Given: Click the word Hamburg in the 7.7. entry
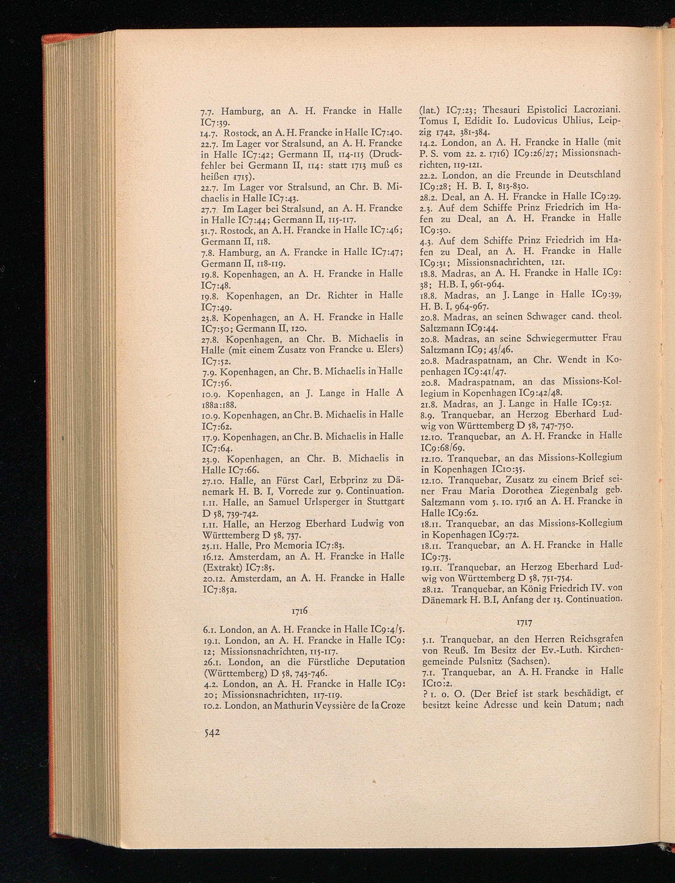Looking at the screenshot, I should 243,111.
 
